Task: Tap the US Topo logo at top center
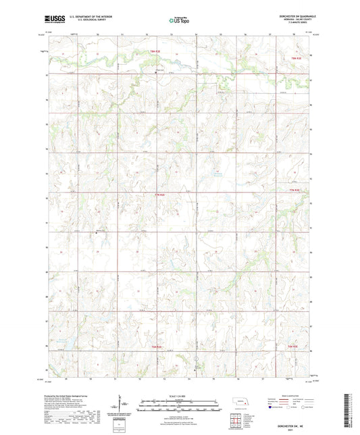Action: click(178, 21)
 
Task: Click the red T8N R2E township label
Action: click(157, 51)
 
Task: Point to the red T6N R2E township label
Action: click(157, 347)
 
